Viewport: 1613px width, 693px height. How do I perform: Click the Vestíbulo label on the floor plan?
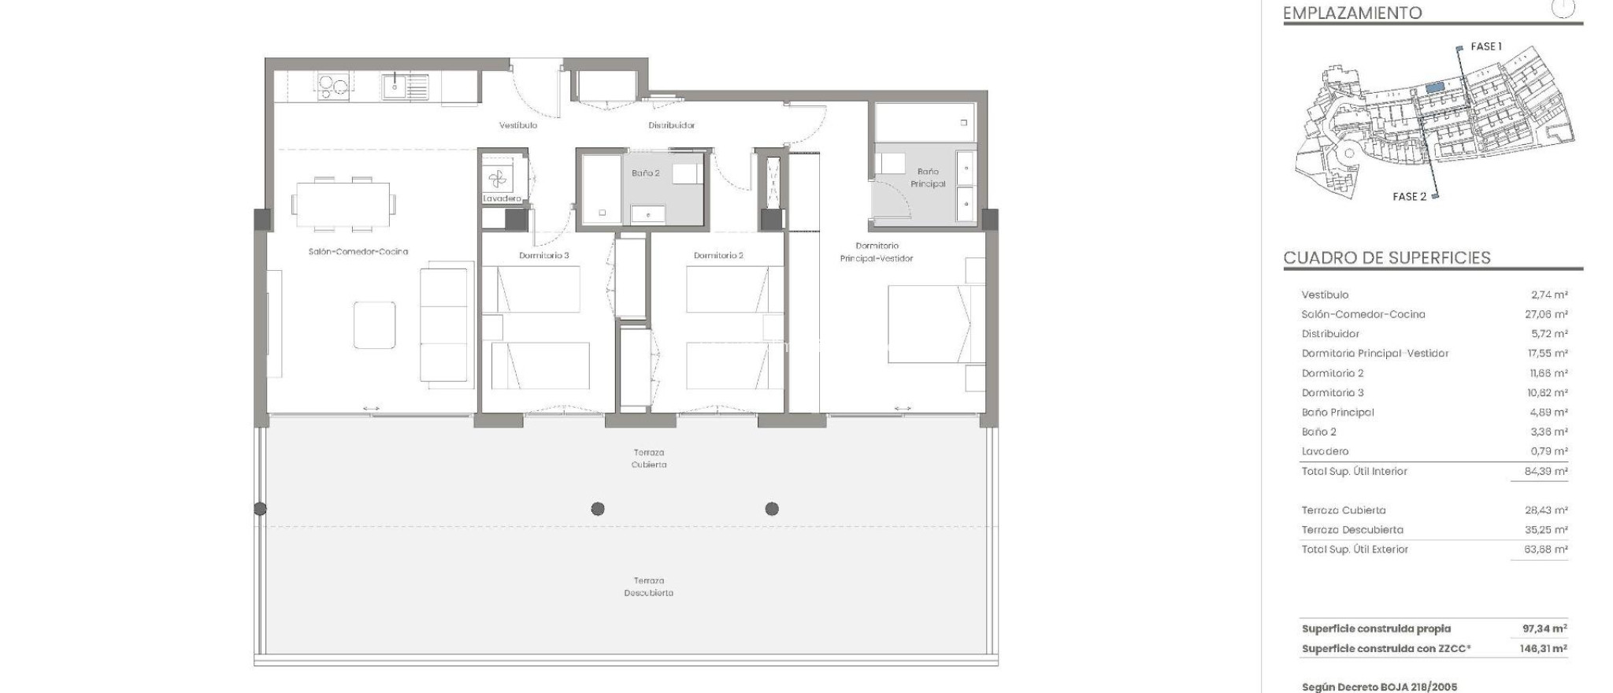pos(518,125)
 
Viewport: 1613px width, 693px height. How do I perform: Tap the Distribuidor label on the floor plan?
pos(671,125)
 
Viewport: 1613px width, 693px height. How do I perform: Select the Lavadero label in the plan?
pos(502,198)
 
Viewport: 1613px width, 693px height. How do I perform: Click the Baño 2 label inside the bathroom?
pos(645,173)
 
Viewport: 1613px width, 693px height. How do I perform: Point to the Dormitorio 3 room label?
pos(543,255)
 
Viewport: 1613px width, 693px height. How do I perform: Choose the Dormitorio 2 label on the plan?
pos(718,255)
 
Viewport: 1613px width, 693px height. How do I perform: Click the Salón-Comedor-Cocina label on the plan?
pos(358,252)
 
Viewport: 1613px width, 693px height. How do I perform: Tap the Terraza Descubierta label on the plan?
pos(648,587)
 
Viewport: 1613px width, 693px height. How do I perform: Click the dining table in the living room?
pos(343,204)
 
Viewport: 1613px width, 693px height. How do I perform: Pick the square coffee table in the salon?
pos(374,324)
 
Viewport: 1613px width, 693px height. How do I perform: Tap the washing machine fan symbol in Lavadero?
pos(496,179)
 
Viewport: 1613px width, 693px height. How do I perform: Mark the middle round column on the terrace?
pos(598,509)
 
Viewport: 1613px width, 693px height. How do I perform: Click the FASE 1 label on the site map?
pos(1486,46)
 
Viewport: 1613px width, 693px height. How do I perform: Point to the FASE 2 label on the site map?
pos(1409,197)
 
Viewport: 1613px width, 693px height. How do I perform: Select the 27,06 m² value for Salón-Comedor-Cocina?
pos(1546,314)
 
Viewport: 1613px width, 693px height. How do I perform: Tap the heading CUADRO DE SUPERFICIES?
pos(1387,258)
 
